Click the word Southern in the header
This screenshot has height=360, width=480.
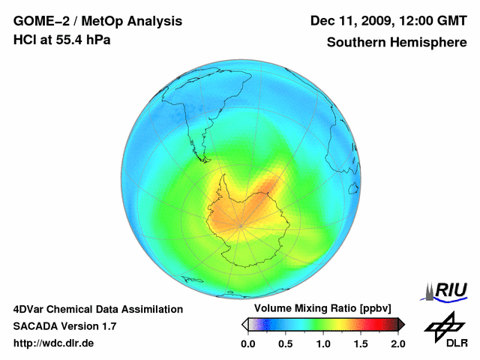tap(355, 42)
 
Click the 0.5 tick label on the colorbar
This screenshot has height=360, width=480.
tap(285, 344)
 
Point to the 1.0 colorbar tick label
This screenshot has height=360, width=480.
tap(322, 344)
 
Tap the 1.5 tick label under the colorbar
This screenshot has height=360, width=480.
tap(360, 344)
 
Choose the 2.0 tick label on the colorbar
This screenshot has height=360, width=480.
tap(397, 344)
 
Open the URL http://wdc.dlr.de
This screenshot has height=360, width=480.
tap(54, 344)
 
